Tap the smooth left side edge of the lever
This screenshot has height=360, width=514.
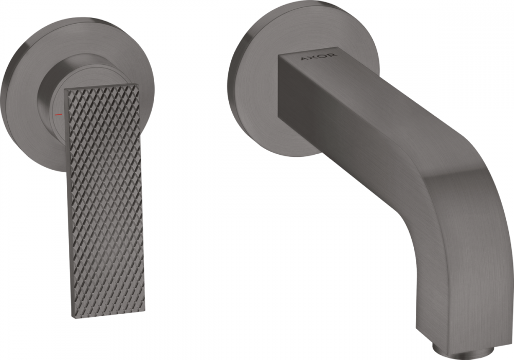tap(68, 206)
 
